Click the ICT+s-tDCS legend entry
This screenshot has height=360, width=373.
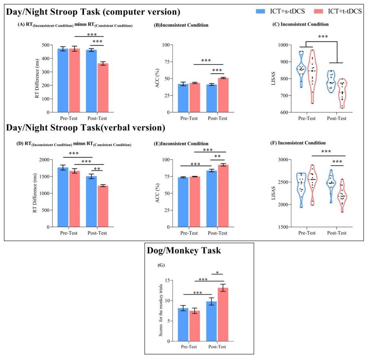(283, 12)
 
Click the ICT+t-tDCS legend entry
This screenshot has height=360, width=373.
(339, 12)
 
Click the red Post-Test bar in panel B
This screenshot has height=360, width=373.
(223, 95)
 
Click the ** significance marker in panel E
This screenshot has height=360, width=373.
(217, 157)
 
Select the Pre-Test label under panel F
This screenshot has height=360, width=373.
(306, 233)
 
